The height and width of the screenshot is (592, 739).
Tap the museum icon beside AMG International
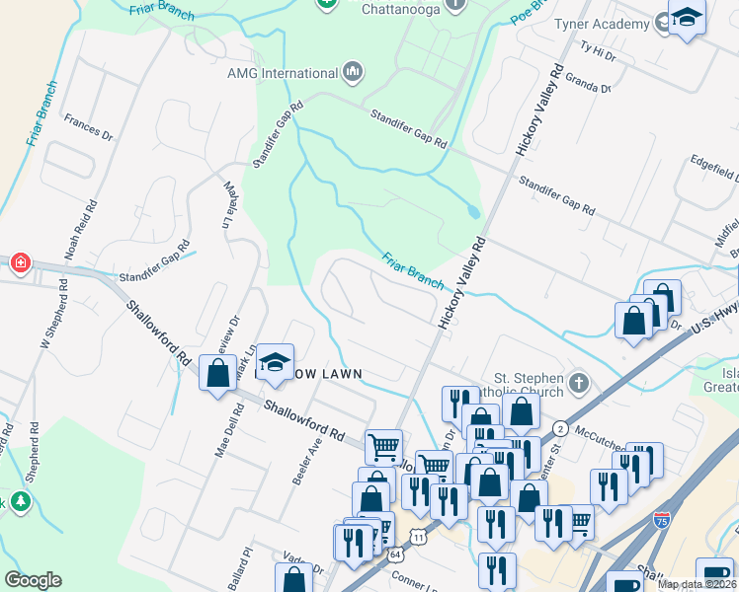tap(353, 72)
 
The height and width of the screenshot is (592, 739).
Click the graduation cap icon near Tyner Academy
tap(687, 17)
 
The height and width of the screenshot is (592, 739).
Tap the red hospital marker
tap(19, 263)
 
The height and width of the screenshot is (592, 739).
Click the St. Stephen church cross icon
tap(579, 382)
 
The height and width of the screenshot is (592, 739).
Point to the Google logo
tap(34, 580)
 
